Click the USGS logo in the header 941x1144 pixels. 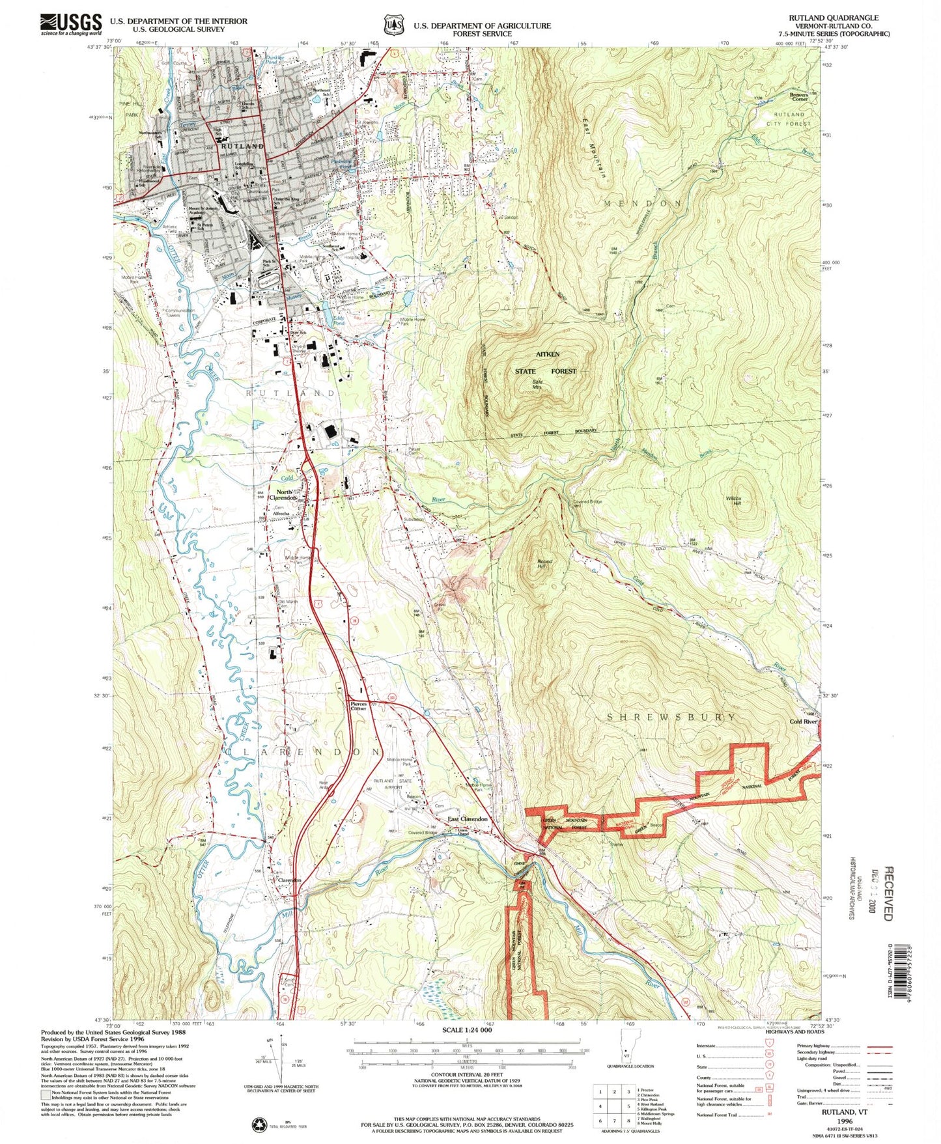point(71,24)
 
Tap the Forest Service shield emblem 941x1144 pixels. point(391,25)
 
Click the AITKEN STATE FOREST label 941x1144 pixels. point(546,363)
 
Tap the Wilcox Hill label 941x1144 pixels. point(733,501)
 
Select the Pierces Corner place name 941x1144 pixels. point(359,706)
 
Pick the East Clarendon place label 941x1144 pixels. point(467,819)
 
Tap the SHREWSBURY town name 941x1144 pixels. point(671,717)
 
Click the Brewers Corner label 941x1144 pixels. point(798,96)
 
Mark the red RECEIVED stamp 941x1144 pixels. point(888,891)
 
